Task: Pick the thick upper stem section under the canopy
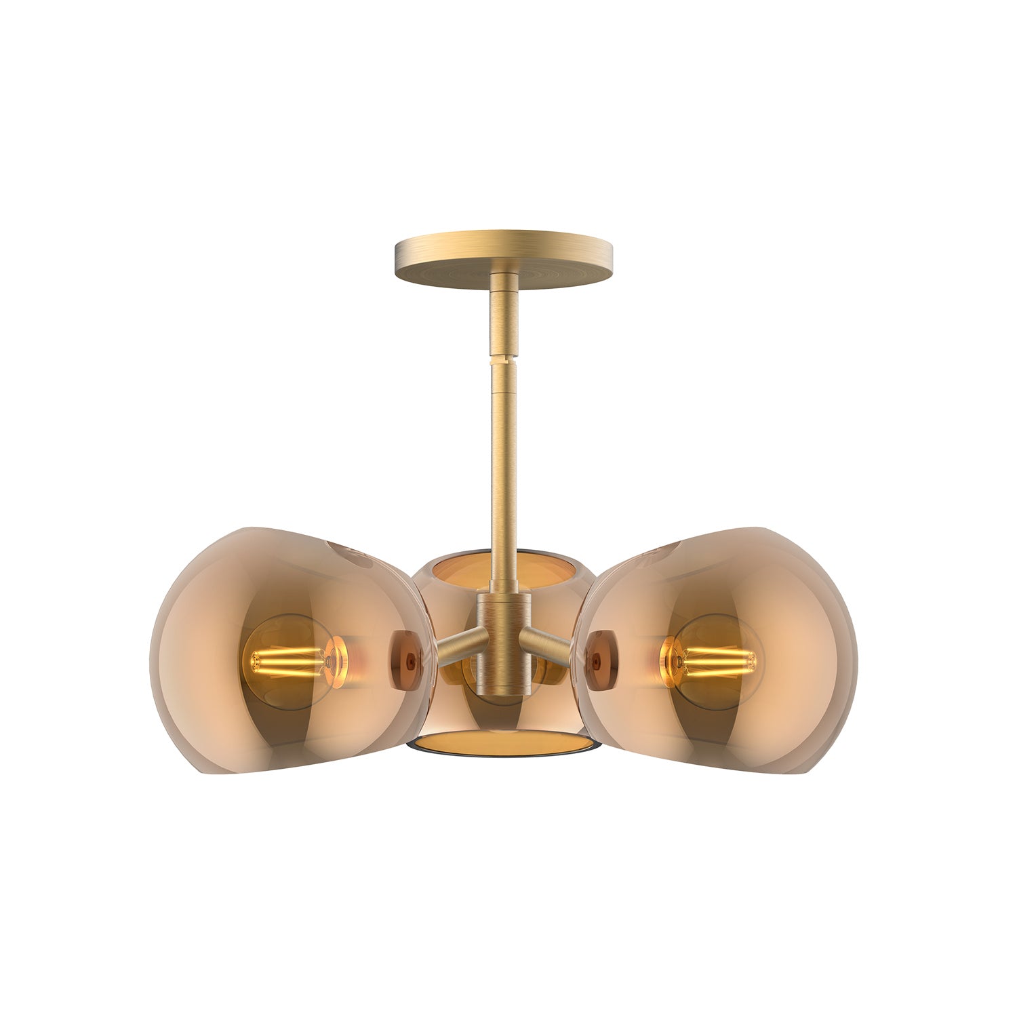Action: coord(502,319)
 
